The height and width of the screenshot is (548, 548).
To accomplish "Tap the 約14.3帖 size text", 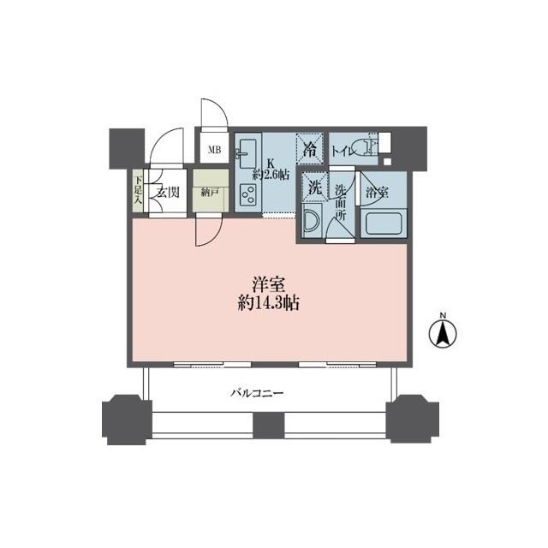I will [x=268, y=303].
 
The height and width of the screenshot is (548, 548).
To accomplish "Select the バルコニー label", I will [x=257, y=394].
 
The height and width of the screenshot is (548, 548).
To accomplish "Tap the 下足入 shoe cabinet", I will [x=138, y=192].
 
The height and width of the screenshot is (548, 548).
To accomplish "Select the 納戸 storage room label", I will [x=210, y=193].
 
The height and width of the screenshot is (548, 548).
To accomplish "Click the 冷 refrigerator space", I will [x=310, y=147].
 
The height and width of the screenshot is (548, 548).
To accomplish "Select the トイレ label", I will [x=345, y=147].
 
